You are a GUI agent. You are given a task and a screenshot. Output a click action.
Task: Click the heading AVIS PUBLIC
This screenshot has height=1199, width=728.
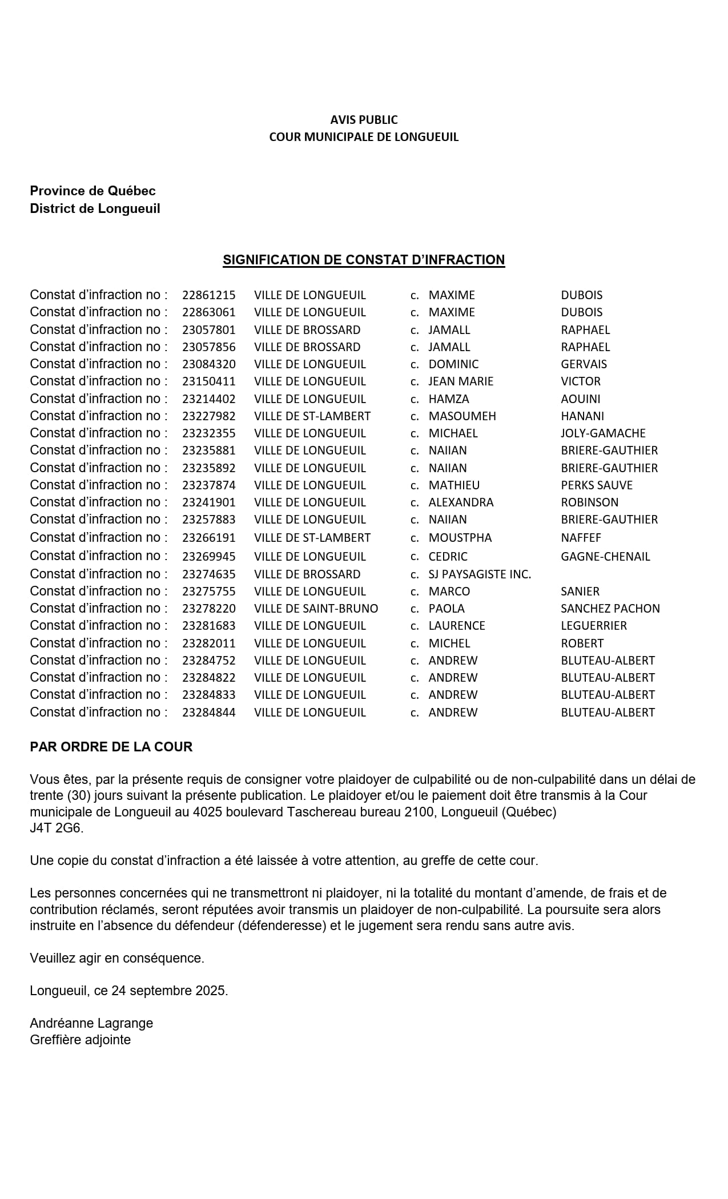364,120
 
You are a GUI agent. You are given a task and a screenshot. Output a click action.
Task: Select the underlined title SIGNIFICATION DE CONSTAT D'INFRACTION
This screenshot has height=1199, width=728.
364,260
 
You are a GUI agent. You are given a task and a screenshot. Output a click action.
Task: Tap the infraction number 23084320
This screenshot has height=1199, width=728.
209,364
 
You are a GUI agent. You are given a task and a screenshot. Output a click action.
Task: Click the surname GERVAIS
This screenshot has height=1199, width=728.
584,364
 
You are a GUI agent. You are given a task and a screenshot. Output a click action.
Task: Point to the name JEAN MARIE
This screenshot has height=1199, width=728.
461,381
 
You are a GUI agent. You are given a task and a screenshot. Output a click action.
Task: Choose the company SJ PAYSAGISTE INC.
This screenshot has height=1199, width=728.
480,574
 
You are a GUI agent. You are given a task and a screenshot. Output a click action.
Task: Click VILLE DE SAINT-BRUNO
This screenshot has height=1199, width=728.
316,609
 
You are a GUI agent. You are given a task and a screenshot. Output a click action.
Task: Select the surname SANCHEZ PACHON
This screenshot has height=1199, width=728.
610,609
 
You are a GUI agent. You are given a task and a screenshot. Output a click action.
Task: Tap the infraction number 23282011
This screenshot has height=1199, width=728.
209,643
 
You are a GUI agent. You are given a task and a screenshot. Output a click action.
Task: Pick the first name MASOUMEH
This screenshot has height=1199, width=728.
462,416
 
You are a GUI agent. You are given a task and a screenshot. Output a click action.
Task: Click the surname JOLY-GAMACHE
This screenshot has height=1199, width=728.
603,433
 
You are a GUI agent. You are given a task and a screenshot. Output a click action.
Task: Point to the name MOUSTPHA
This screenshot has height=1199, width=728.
460,538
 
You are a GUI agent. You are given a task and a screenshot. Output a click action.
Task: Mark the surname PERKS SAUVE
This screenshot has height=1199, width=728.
597,485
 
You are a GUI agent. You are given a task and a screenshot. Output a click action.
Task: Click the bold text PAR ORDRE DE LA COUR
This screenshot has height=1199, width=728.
111,747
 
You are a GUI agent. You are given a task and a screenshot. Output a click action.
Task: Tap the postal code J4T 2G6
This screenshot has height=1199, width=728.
57,828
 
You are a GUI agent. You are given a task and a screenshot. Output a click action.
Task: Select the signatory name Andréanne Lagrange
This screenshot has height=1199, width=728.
91,1023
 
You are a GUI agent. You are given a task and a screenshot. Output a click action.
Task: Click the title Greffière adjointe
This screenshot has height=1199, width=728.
81,1040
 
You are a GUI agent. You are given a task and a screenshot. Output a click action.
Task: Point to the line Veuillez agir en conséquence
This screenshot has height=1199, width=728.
117,958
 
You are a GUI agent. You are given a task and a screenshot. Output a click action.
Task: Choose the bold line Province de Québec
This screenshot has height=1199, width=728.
92,191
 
